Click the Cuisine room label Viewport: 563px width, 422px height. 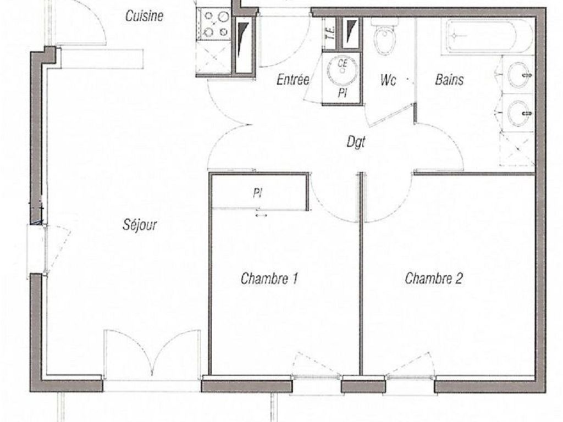(x=145, y=16)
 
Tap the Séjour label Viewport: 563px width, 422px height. (x=140, y=225)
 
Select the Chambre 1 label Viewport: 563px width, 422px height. (x=269, y=279)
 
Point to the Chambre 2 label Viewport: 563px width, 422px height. (x=434, y=278)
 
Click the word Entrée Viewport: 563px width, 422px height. (x=293, y=79)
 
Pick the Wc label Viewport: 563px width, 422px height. (x=388, y=80)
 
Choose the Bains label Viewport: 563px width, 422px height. (x=449, y=79)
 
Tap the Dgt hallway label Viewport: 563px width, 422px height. (x=356, y=142)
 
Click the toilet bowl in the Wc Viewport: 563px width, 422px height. (x=385, y=40)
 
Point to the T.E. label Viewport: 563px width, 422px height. (x=330, y=34)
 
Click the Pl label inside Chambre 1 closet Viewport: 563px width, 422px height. (x=257, y=194)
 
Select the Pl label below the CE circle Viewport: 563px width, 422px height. (x=342, y=93)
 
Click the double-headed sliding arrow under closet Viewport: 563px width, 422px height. (x=261, y=215)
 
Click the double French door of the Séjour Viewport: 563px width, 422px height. (x=152, y=353)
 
